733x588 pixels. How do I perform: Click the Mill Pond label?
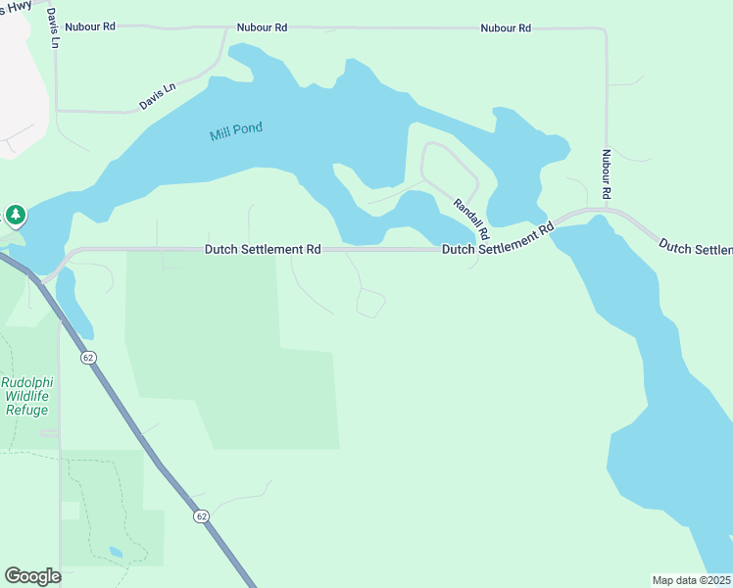click(236, 132)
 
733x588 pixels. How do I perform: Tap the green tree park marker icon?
click(16, 215)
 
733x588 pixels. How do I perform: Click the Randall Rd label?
click(470, 220)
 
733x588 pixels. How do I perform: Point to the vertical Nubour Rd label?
click(607, 175)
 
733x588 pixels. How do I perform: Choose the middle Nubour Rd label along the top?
click(262, 28)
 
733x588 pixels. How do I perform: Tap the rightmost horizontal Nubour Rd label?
click(506, 28)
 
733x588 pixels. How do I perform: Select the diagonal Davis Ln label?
click(157, 95)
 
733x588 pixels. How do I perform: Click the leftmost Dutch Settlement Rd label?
click(263, 250)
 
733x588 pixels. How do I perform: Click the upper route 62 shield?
click(89, 358)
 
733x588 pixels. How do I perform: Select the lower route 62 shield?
click(201, 516)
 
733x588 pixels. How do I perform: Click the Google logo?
click(32, 576)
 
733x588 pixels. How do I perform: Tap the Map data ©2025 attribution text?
click(692, 580)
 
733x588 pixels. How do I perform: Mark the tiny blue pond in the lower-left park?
click(116, 553)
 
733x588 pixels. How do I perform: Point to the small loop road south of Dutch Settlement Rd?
click(370, 304)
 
